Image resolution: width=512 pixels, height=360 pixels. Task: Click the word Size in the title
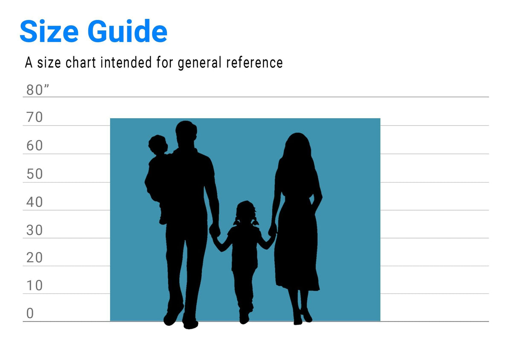[49, 31]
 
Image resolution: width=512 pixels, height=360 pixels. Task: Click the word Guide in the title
[127, 31]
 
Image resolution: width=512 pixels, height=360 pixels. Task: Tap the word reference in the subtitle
[254, 62]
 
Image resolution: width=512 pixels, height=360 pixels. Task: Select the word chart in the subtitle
[81, 62]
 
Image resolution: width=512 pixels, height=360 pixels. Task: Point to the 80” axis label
[38, 90]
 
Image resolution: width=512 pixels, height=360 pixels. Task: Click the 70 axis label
[35, 117]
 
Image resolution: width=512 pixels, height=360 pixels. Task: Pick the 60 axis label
[35, 145]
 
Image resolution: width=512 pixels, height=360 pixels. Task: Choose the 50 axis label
[35, 174]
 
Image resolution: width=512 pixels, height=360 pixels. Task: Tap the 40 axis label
[35, 202]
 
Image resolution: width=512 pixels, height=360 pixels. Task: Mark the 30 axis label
[35, 230]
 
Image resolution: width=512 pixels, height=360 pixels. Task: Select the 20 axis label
[35, 258]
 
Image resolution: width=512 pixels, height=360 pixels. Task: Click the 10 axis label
[35, 286]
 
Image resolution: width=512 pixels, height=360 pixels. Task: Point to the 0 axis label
[30, 314]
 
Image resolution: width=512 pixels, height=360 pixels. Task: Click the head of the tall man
[186, 134]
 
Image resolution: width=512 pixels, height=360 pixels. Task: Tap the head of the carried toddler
[158, 145]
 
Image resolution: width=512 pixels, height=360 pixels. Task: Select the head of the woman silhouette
[297, 146]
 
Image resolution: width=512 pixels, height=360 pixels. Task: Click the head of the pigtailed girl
[246, 212]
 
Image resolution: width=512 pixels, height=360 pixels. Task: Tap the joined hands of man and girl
[215, 231]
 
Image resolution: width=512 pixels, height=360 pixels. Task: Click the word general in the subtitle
[200, 63]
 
